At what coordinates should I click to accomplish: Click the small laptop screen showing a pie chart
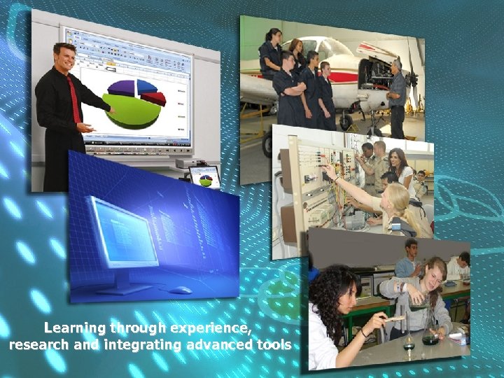click(x=205, y=178)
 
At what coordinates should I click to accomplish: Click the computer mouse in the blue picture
click(x=180, y=290)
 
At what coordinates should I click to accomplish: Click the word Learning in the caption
click(x=74, y=328)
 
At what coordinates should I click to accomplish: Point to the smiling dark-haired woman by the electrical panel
click(x=398, y=164)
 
